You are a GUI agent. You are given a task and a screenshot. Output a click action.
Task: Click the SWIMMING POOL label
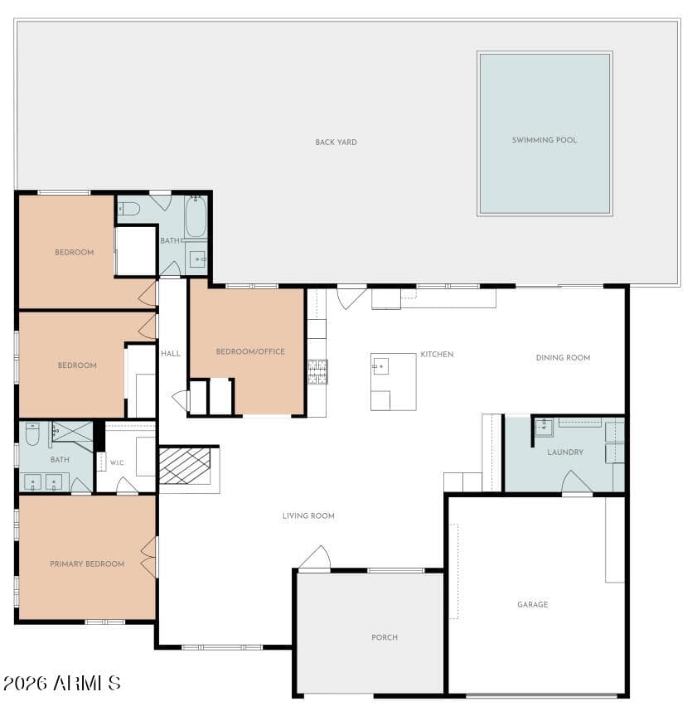pyautogui.click(x=544, y=140)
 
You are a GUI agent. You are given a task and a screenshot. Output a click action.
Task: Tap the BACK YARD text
pyautogui.click(x=336, y=142)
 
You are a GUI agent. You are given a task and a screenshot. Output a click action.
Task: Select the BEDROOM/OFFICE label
pyautogui.click(x=250, y=351)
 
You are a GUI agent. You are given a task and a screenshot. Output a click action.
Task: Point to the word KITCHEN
pyautogui.click(x=437, y=355)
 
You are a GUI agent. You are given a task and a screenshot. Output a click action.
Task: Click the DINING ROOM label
pyautogui.click(x=563, y=357)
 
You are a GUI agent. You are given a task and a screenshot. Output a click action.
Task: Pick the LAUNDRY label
pyautogui.click(x=565, y=452)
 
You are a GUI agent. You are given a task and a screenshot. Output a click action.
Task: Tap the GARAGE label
pyautogui.click(x=533, y=605)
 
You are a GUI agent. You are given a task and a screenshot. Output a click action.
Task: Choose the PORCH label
pyautogui.click(x=384, y=637)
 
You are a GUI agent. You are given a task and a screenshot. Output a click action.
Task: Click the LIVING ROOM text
pyautogui.click(x=308, y=515)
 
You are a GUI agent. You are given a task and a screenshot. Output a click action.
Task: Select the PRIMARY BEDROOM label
pyautogui.click(x=87, y=564)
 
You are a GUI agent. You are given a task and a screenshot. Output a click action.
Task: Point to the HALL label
pyautogui.click(x=171, y=353)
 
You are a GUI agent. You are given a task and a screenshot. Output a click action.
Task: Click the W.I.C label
pyautogui.click(x=117, y=462)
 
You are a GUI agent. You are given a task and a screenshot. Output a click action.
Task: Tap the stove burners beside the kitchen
pyautogui.click(x=318, y=372)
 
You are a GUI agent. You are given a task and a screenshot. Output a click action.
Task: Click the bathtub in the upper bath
pyautogui.click(x=196, y=216)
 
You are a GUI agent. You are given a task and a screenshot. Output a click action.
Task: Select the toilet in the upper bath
pyautogui.click(x=128, y=209)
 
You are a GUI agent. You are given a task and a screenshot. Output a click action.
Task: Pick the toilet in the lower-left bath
pyautogui.click(x=32, y=434)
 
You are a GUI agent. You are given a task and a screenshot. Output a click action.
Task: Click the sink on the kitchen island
pyautogui.click(x=380, y=366)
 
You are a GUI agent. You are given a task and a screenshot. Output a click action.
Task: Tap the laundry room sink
pyautogui.click(x=544, y=428)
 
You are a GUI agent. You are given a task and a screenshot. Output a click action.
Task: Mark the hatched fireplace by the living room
pyautogui.click(x=185, y=467)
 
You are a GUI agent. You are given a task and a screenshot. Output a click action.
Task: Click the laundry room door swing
pyautogui.click(x=577, y=482)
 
